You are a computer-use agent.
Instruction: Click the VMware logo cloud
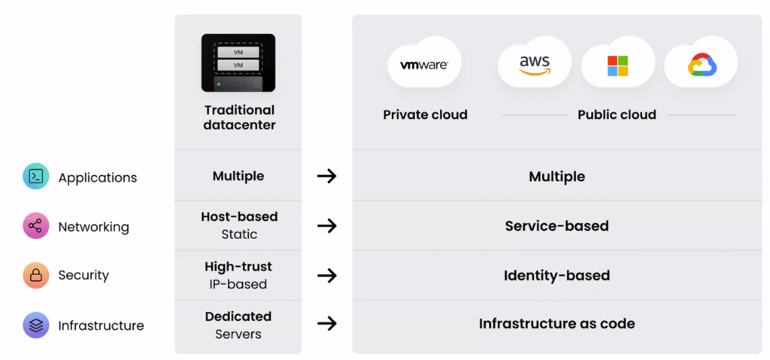tap(424, 65)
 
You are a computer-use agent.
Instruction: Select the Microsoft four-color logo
tap(617, 66)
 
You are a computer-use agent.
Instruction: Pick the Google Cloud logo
tap(702, 66)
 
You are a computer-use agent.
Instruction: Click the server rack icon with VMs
tap(238, 62)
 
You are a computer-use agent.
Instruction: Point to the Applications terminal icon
tap(35, 177)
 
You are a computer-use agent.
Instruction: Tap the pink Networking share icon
tap(35, 226)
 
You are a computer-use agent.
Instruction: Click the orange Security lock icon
tap(35, 276)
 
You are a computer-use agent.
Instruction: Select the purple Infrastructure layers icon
tap(35, 325)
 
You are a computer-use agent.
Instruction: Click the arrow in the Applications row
tap(326, 177)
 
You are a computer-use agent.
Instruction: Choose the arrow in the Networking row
tap(326, 226)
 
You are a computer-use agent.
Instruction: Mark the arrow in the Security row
tap(326, 276)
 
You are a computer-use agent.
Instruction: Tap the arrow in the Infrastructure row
tap(326, 324)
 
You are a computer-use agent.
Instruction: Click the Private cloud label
tap(425, 115)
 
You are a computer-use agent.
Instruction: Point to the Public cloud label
tap(617, 115)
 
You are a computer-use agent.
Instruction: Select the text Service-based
tap(556, 225)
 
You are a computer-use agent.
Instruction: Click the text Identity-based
tap(556, 275)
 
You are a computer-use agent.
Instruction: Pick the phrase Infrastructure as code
tap(556, 324)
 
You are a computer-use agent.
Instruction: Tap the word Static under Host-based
tap(239, 234)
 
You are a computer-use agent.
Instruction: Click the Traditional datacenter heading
tap(239, 117)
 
